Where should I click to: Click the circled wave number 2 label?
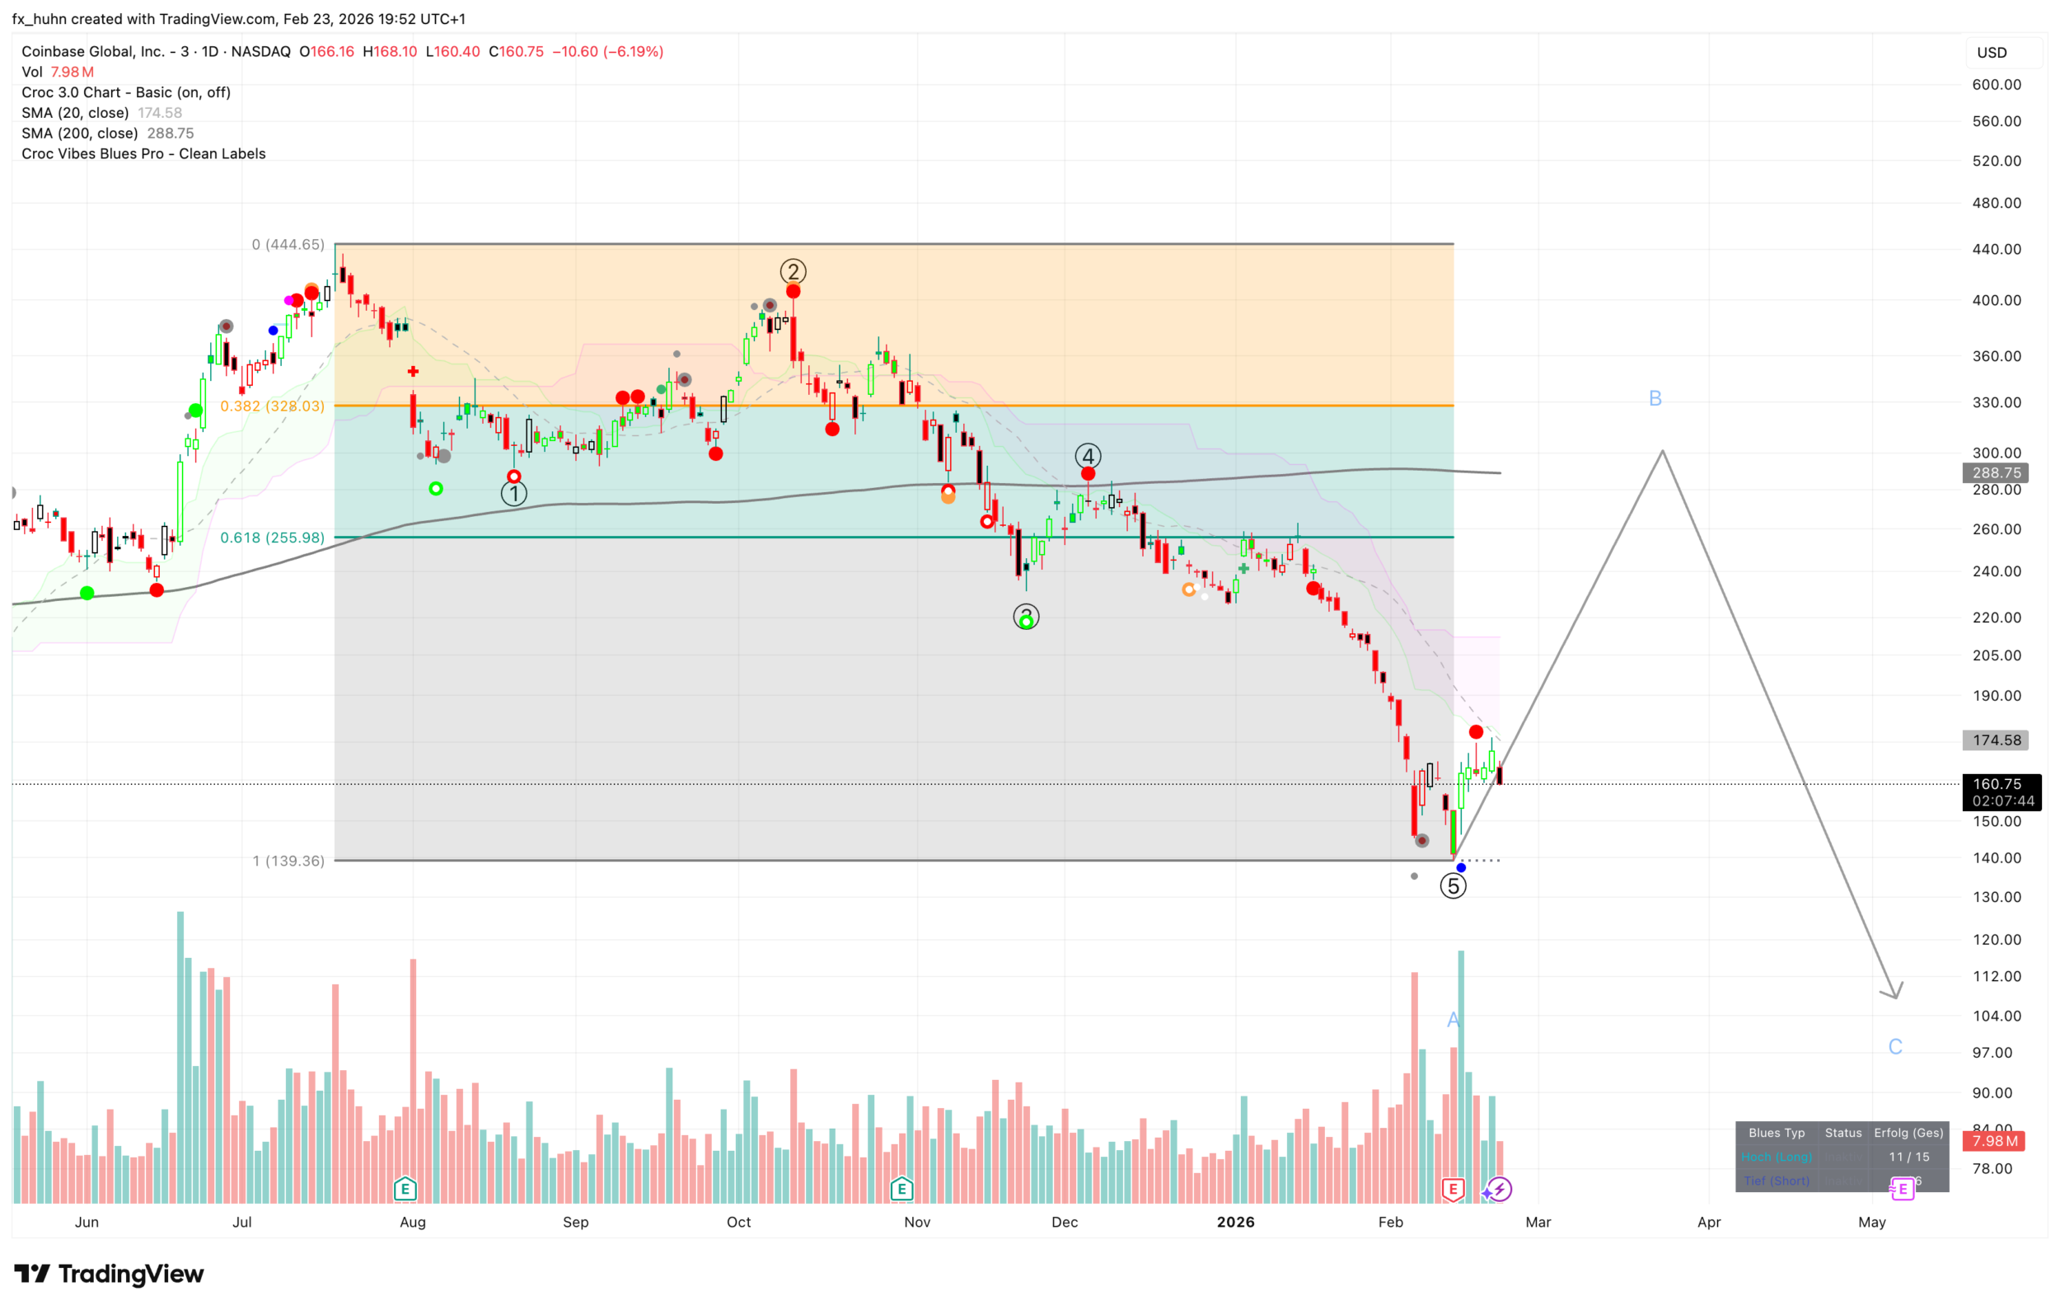tap(793, 272)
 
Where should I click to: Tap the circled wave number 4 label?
tap(1088, 456)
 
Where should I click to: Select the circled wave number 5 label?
tap(1453, 886)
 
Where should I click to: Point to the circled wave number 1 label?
tap(513, 494)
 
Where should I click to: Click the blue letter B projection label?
tap(1655, 399)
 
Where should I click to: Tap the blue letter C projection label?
tap(1895, 1046)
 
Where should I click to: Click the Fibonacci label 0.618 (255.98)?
tap(272, 538)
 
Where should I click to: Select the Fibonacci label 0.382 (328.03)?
tap(272, 406)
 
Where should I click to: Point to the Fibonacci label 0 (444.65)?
tap(288, 245)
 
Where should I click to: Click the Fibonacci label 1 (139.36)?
tap(288, 861)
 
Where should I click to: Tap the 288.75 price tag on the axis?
tap(1996, 472)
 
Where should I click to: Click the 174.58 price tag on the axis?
tap(1996, 740)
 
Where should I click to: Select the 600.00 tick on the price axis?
tap(1996, 85)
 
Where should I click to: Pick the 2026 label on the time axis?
tap(1235, 1222)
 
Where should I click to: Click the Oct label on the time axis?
tap(738, 1222)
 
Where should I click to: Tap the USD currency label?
tap(1991, 53)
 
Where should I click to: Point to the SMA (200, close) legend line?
tap(107, 134)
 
